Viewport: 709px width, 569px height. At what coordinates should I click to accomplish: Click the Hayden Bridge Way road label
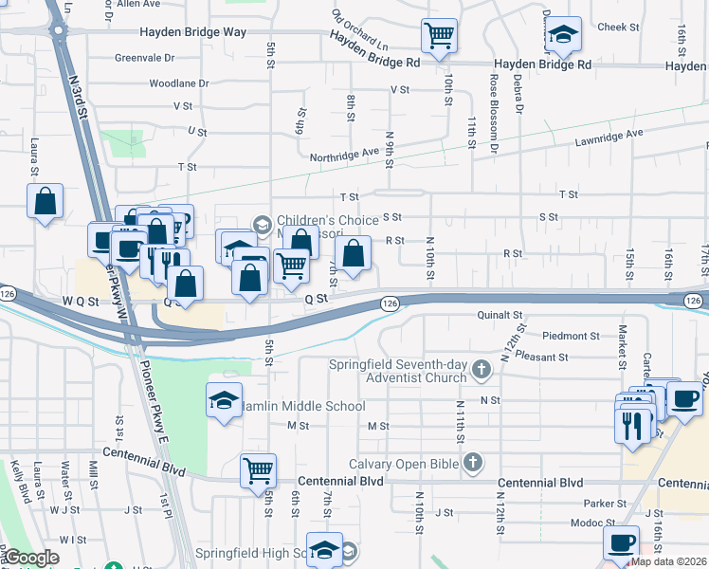[x=193, y=32]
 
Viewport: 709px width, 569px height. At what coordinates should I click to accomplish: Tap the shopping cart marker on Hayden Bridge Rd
[x=439, y=36]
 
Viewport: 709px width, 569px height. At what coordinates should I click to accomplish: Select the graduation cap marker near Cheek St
[x=563, y=36]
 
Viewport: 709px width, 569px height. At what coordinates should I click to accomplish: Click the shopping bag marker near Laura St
[x=45, y=201]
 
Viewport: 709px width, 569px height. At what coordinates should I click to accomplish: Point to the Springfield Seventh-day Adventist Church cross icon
[x=482, y=368]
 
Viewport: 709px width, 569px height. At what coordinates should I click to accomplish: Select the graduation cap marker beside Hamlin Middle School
[x=224, y=401]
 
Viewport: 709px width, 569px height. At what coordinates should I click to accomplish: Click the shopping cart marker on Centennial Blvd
[x=258, y=469]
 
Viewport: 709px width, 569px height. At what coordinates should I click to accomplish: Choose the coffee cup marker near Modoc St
[x=622, y=543]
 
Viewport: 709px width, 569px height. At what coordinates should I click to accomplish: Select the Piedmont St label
[x=572, y=336]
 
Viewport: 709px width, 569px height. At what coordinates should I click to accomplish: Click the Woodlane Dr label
[x=178, y=83]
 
